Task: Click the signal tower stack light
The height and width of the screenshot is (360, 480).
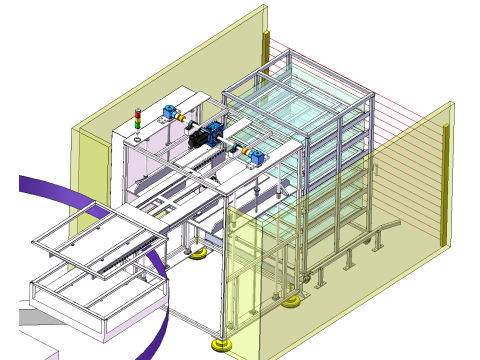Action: [x=138, y=120]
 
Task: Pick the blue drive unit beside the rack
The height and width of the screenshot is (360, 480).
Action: [x=257, y=155]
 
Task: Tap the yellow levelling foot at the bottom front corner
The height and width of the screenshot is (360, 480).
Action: [x=219, y=344]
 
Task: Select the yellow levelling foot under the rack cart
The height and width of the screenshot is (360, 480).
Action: [x=291, y=300]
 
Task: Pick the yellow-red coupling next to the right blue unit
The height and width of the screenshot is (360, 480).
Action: [x=243, y=151]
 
